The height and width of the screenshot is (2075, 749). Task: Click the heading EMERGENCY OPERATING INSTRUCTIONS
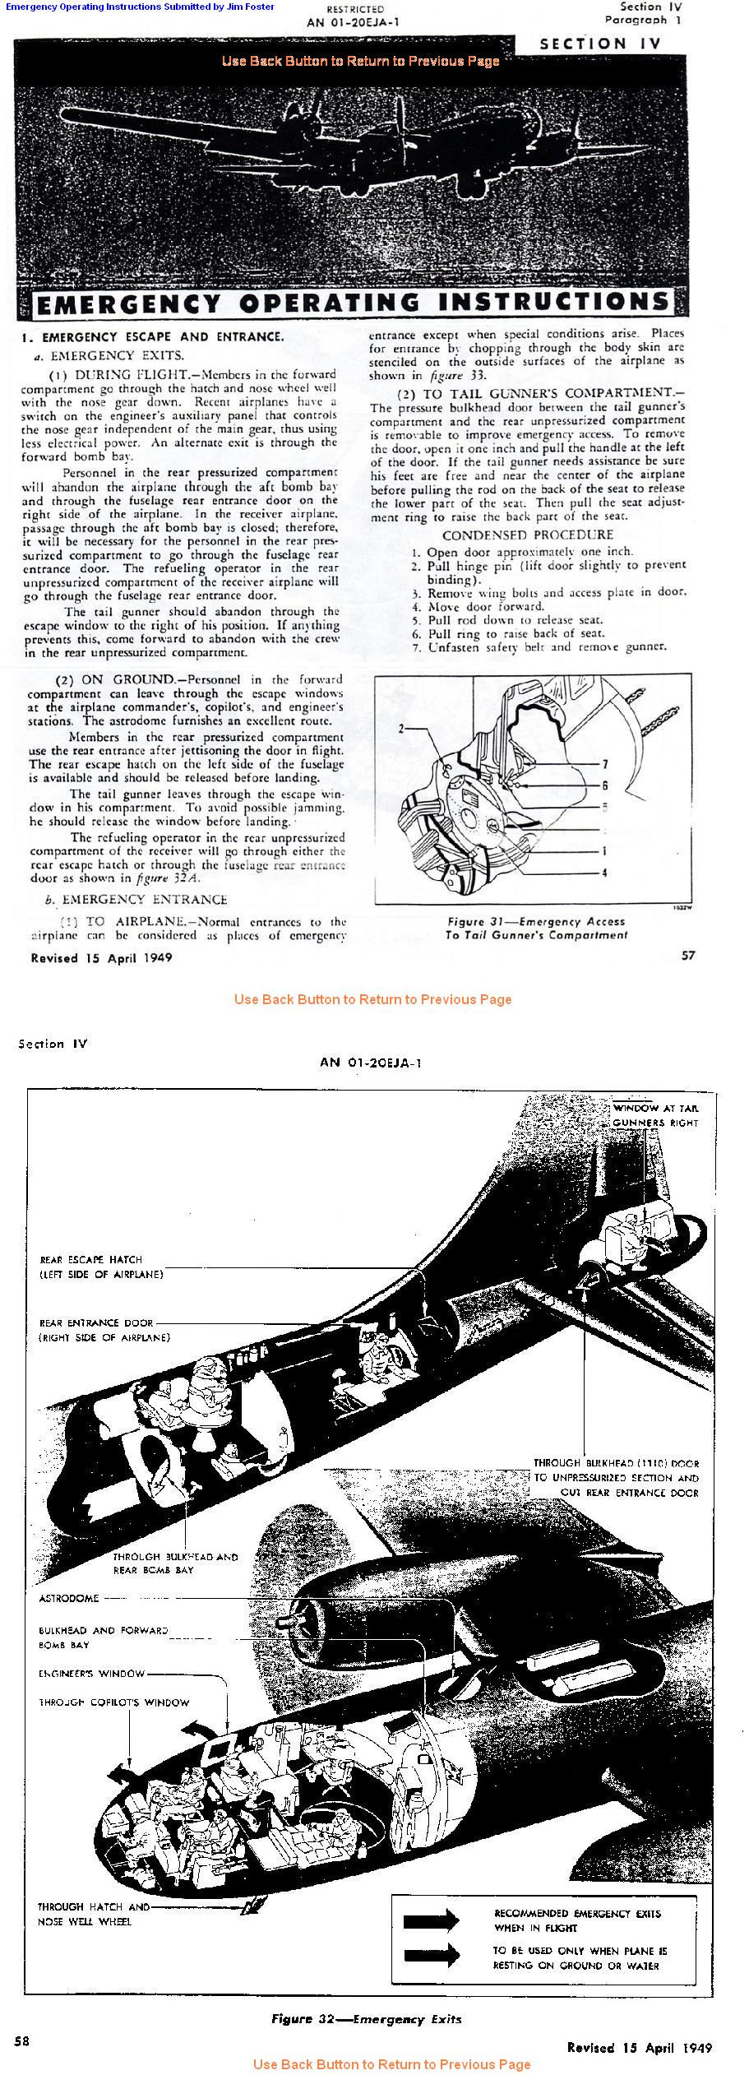coord(354,303)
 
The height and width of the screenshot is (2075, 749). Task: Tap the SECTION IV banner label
coord(600,44)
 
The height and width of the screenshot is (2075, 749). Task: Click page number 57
coord(688,955)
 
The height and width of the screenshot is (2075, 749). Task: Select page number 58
coord(22,2040)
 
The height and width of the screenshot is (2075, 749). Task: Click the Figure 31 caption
coord(536,928)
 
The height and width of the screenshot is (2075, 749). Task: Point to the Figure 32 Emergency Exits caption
coord(366,2018)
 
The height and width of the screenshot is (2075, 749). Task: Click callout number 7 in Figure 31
coord(604,764)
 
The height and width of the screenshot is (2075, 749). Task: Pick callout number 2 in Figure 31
coord(402,728)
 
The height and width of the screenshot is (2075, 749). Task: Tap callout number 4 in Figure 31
coord(604,873)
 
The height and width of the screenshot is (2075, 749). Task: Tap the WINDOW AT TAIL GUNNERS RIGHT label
coord(655,1115)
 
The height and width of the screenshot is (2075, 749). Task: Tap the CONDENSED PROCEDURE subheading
coord(527,535)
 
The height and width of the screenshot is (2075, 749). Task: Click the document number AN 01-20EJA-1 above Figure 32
coord(371,1062)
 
